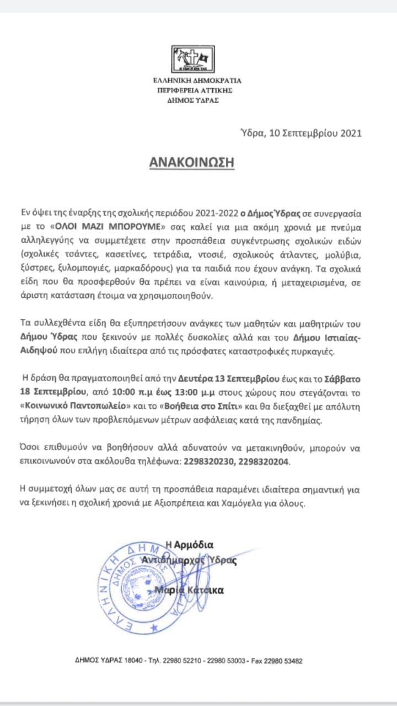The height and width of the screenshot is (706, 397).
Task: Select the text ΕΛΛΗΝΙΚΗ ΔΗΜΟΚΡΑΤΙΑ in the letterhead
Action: pyautogui.click(x=197, y=81)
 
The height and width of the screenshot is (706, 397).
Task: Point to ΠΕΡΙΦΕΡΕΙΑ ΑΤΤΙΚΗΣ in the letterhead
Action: pyautogui.click(x=197, y=90)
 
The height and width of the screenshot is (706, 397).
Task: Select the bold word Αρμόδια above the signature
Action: pyautogui.click(x=193, y=545)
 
